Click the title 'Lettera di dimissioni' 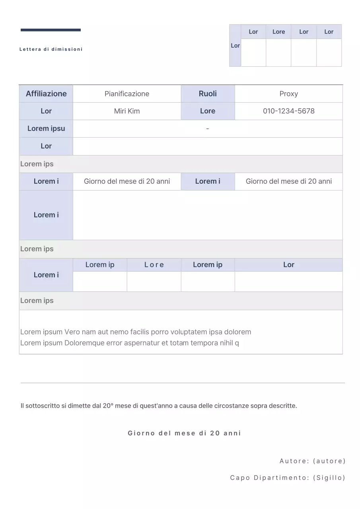(x=51, y=49)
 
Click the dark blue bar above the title (x=51, y=30)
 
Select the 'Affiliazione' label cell (x=46, y=94)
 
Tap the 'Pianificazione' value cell (x=127, y=94)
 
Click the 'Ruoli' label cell (x=208, y=94)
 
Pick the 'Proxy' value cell (x=288, y=94)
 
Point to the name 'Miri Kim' (x=127, y=111)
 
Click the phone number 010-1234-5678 (x=288, y=111)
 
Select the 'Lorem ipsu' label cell (x=46, y=128)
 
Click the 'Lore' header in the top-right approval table (x=278, y=32)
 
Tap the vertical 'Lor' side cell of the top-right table (x=235, y=46)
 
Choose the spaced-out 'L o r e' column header (x=154, y=265)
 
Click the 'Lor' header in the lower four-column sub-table (x=288, y=265)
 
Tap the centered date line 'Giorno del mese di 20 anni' (x=184, y=433)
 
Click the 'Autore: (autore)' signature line (x=312, y=461)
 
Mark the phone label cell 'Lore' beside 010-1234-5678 (x=208, y=111)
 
